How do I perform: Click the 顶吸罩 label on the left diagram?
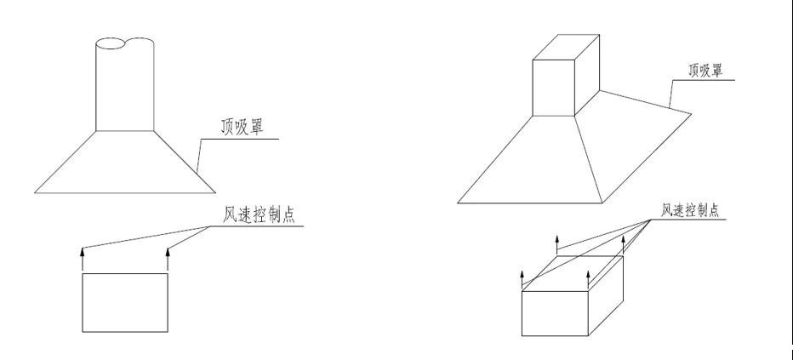(242, 127)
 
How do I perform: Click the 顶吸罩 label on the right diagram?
(705, 70)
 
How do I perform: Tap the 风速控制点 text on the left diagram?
(259, 214)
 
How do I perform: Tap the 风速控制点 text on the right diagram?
(690, 210)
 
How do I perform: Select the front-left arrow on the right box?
(522, 280)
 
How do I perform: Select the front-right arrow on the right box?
(588, 280)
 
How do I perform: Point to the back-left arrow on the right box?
(556, 245)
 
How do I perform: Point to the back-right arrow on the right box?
(623, 245)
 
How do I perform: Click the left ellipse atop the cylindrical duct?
(110, 44)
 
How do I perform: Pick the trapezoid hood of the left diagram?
(125, 162)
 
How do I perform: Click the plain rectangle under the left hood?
(125, 303)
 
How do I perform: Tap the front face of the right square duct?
(554, 88)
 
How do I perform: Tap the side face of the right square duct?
(587, 75)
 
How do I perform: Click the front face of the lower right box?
(555, 313)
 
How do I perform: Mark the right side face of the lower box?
(605, 296)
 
